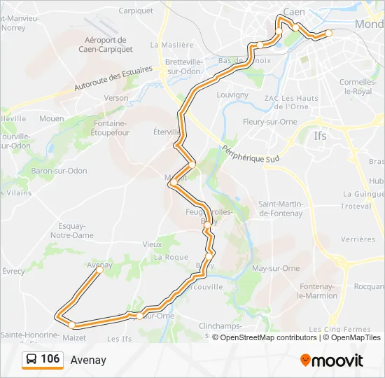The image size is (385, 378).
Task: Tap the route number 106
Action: (x=50, y=359)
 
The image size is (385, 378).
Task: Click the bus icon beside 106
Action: (x=31, y=360)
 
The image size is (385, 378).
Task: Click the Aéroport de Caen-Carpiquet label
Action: (x=105, y=45)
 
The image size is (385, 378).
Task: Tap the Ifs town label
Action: (x=321, y=136)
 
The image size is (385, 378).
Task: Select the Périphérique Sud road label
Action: (x=250, y=154)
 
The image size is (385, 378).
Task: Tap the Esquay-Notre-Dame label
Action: (x=72, y=230)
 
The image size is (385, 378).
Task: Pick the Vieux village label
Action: (x=152, y=244)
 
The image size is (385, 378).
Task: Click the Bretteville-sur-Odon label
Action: (x=183, y=66)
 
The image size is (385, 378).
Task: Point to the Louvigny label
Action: (x=232, y=94)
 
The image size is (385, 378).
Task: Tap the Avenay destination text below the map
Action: (x=88, y=360)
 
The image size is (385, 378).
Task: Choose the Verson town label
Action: (x=116, y=98)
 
